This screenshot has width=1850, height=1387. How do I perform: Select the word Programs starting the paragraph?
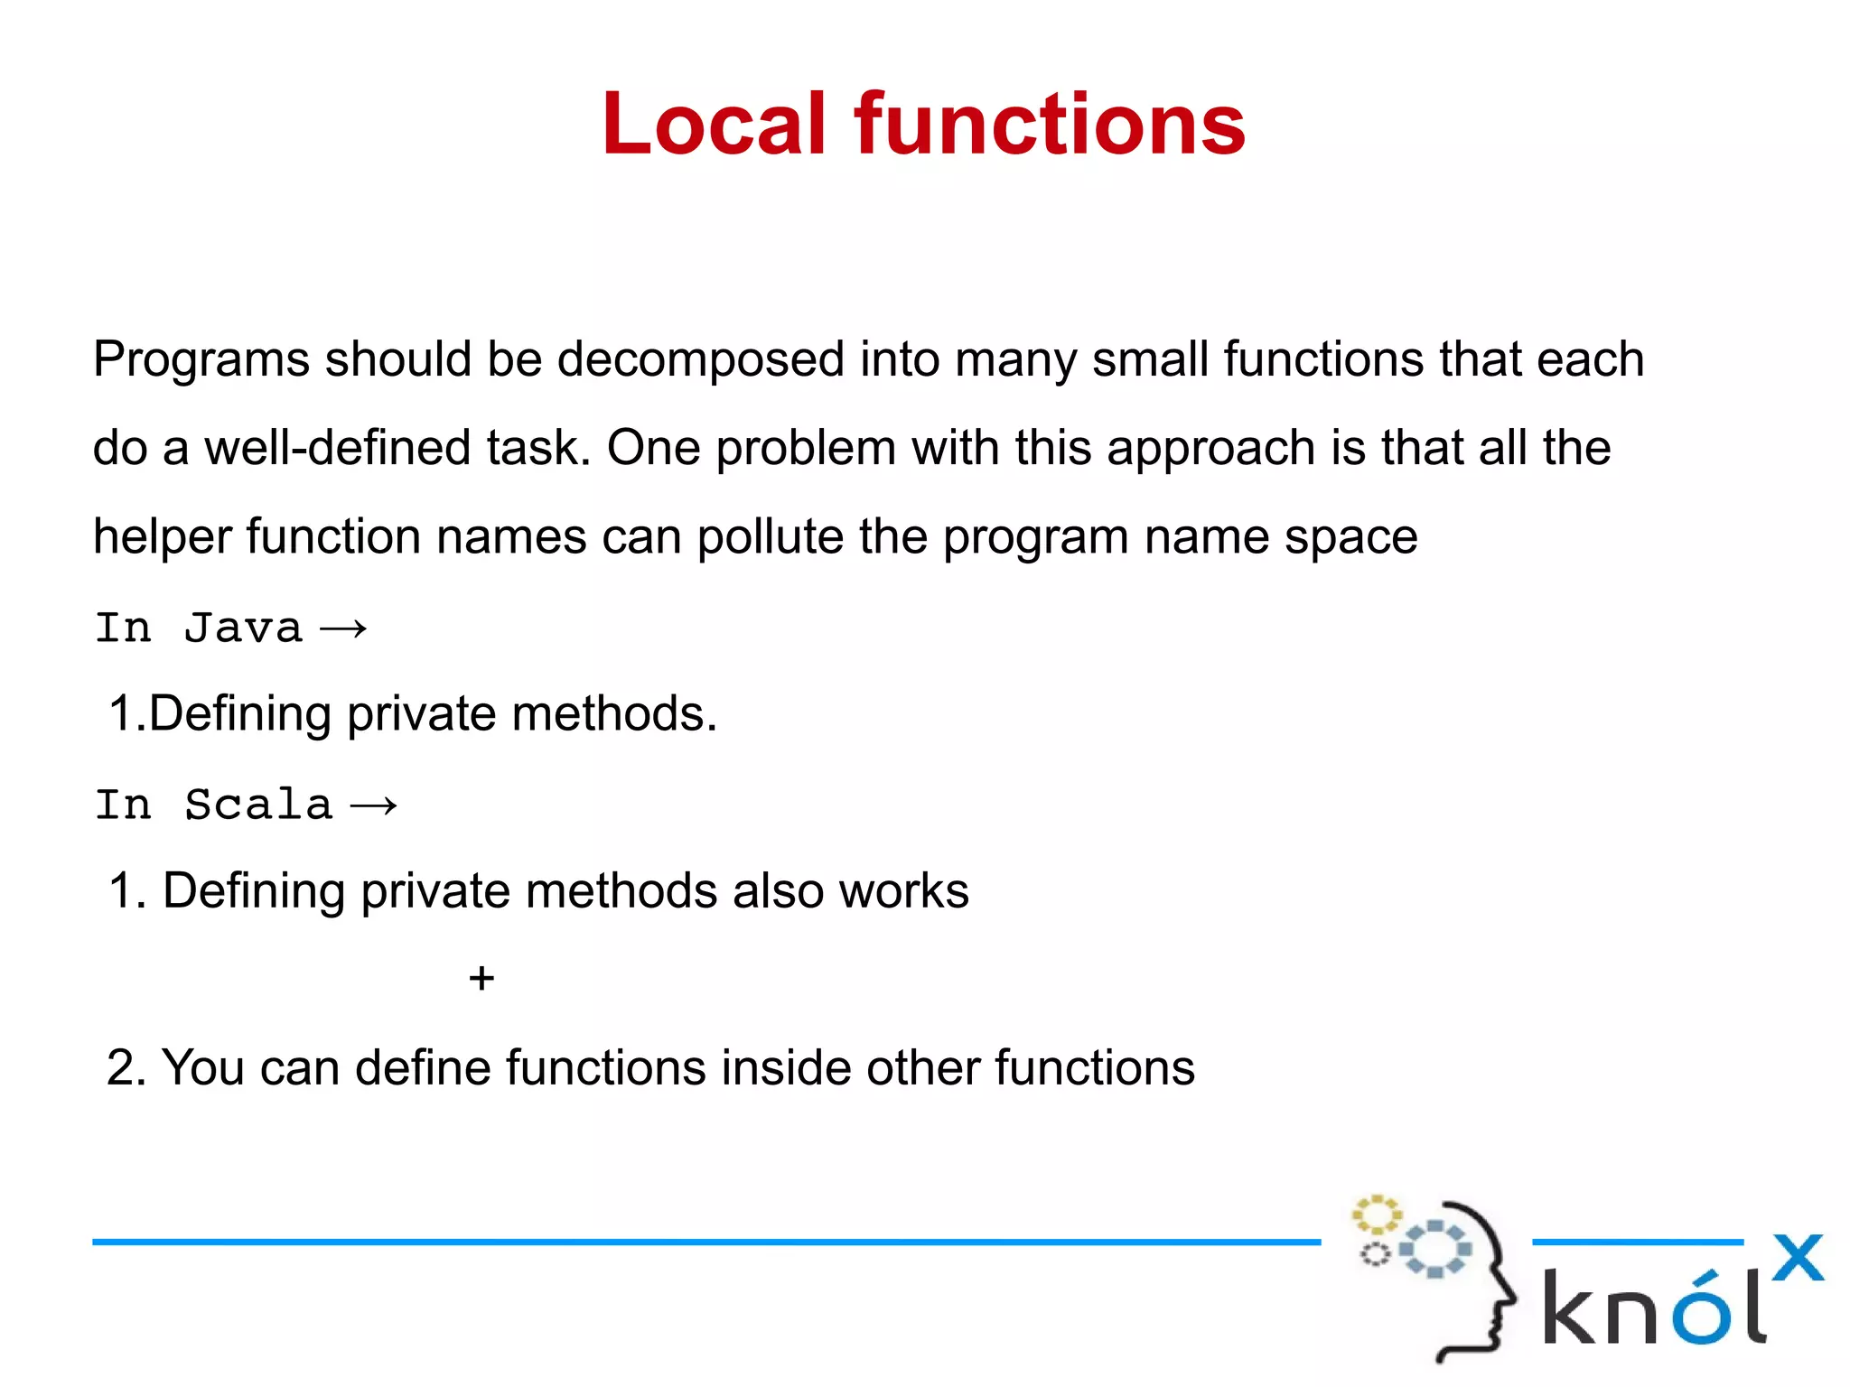201,360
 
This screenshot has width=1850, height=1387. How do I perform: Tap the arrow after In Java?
344,628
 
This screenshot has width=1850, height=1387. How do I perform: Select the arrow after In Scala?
374,805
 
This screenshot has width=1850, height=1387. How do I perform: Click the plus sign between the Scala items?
481,978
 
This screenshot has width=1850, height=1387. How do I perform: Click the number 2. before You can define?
126,1067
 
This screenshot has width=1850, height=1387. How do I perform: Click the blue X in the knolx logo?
1798,1257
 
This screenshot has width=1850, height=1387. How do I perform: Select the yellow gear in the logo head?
1376,1215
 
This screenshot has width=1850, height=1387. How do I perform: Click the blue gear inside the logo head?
1434,1249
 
